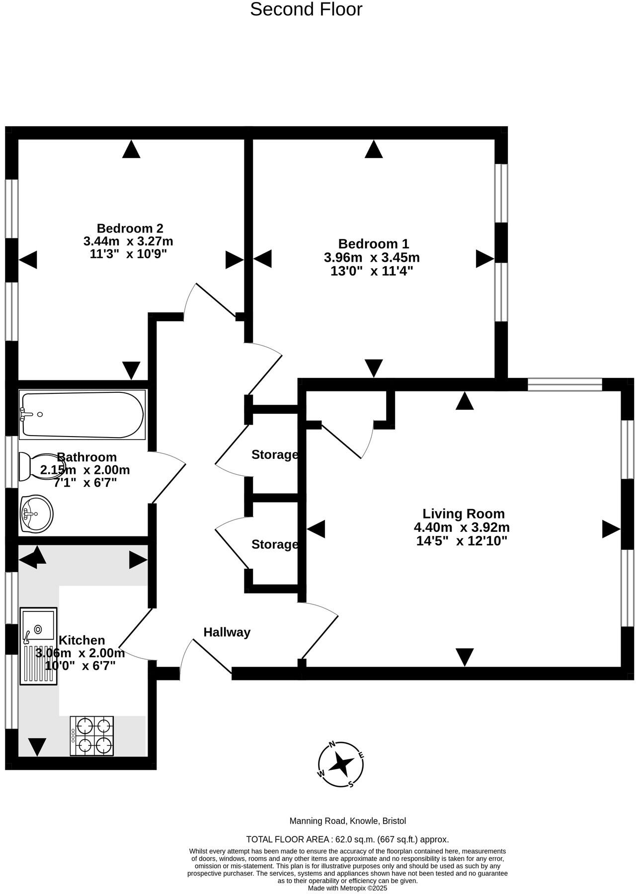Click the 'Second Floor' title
point(306,9)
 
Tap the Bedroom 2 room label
point(130,228)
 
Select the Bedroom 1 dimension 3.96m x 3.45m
point(372,258)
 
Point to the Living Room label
point(463,514)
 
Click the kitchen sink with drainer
point(38,646)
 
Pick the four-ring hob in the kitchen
point(92,736)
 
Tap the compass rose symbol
point(341,764)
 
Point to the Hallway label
point(227,632)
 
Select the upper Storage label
point(274,454)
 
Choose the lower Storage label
point(274,544)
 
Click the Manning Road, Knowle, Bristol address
point(348,821)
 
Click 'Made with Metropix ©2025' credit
point(347,888)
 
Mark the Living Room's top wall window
point(565,384)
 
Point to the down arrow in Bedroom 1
point(374,368)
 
